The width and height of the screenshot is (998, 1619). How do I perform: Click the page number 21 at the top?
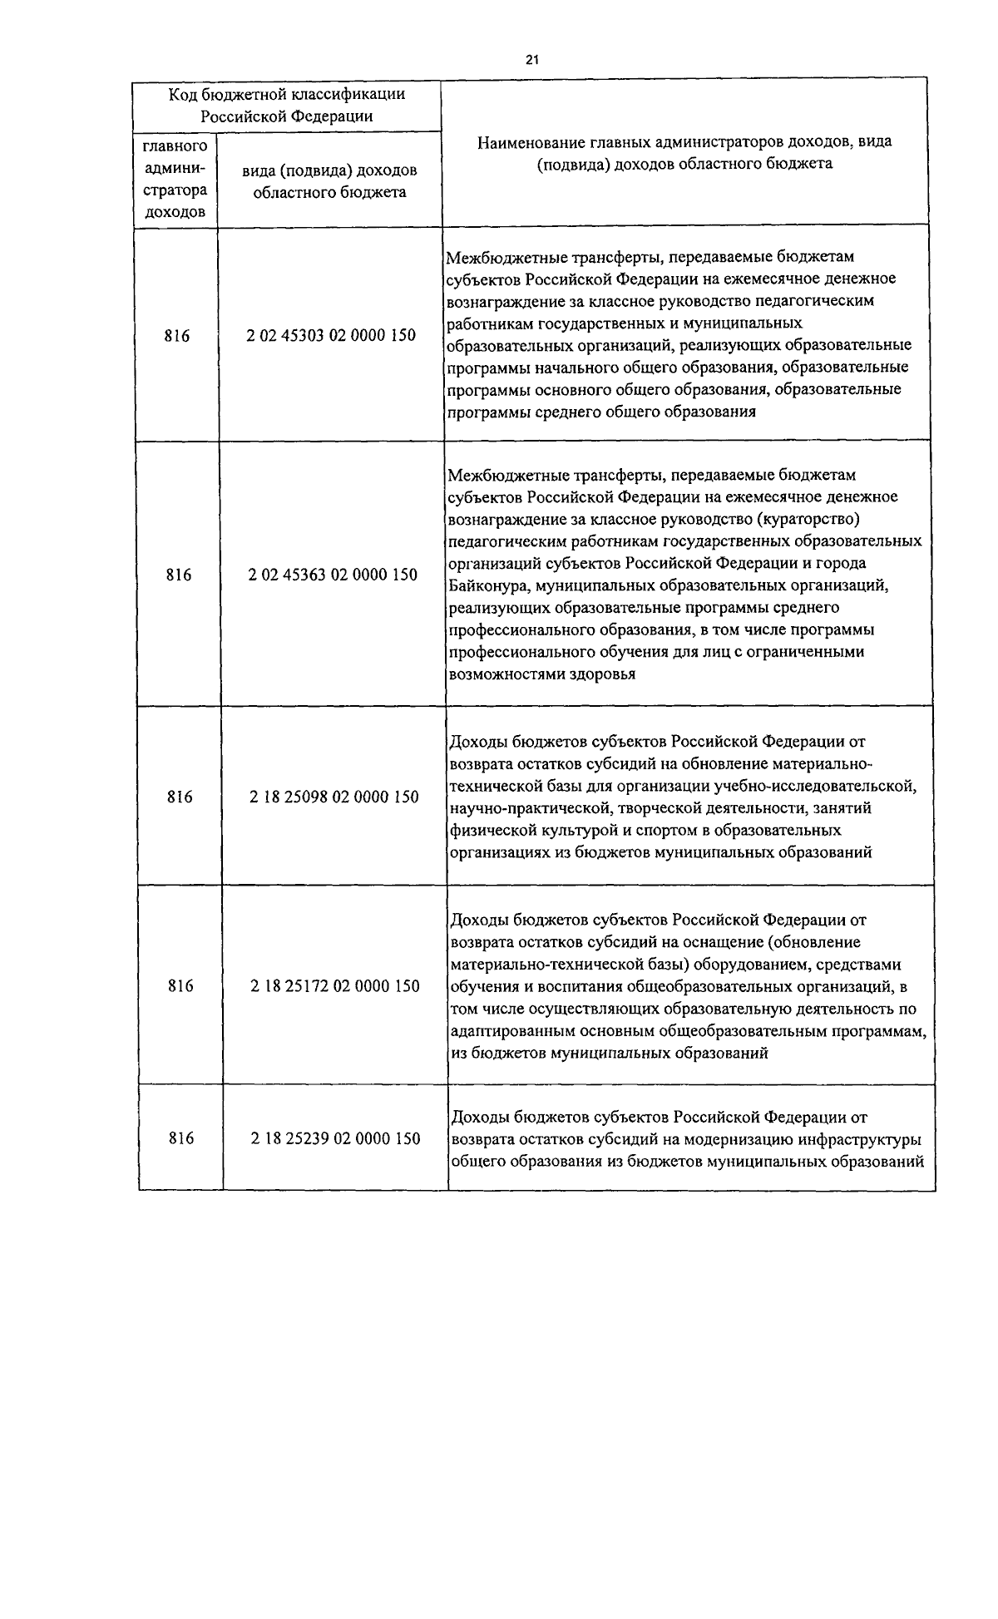coord(532,59)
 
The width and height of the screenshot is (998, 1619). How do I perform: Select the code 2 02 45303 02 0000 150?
coord(331,336)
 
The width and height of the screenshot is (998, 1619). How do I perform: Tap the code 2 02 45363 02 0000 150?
coord(333,575)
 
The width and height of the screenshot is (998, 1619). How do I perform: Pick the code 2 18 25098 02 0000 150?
coord(334,797)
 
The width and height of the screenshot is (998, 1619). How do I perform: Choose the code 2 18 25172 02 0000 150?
coord(335,986)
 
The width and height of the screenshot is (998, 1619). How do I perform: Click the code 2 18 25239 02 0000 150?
coord(336,1138)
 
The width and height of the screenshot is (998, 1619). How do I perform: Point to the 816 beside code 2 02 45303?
coord(176,336)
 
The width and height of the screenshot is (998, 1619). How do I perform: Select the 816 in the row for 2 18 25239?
coord(180,1138)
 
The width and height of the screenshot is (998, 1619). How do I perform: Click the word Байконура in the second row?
coord(488,585)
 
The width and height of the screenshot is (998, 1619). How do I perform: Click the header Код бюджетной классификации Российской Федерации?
coord(287,104)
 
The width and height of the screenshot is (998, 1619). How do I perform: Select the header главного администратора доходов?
coord(175,179)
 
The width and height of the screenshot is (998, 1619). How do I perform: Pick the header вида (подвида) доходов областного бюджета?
coord(330,180)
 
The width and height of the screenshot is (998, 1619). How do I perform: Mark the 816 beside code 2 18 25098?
coord(179,797)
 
